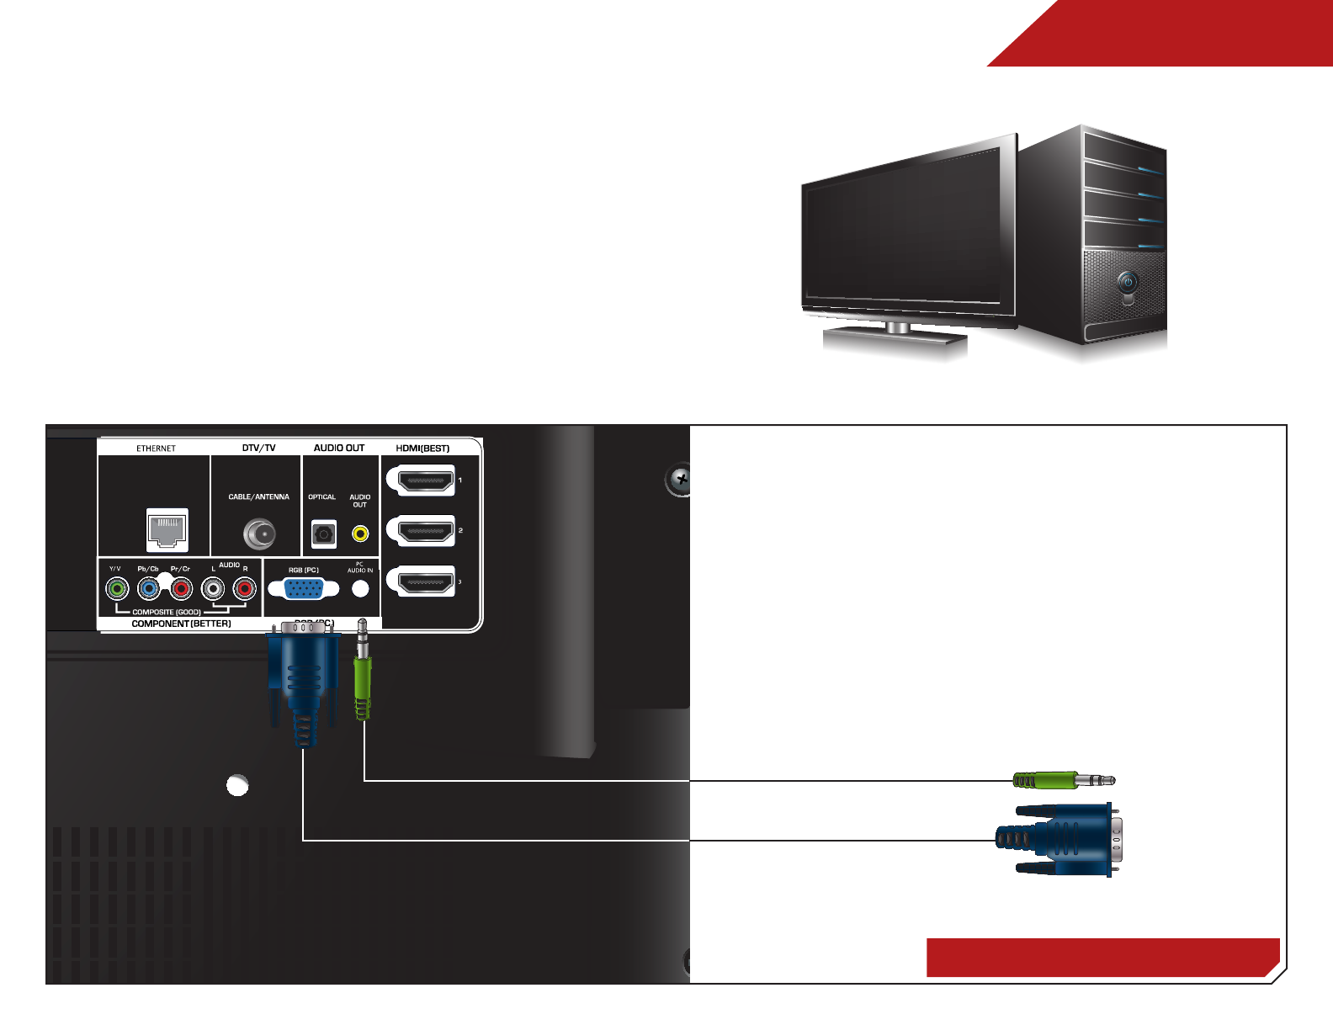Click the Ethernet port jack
[167, 529]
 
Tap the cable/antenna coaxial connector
[259, 534]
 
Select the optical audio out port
[323, 534]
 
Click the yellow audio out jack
[360, 534]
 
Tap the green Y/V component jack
[117, 588]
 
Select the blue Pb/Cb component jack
[149, 588]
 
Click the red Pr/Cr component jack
[181, 588]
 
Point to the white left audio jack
[214, 588]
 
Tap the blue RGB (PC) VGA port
[303, 588]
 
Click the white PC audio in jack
[360, 589]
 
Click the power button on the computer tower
[1128, 282]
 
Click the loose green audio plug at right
[1063, 781]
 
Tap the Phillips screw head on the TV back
[680, 480]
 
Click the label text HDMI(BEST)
[422, 449]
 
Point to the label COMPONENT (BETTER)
[181, 624]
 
